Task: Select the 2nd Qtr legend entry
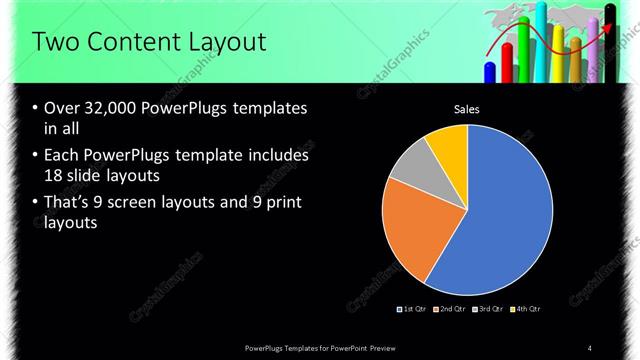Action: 451,308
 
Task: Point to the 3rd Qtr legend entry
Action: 489,308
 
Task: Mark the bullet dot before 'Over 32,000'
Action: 36,108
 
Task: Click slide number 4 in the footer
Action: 590,347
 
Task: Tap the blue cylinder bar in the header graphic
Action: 490,72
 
